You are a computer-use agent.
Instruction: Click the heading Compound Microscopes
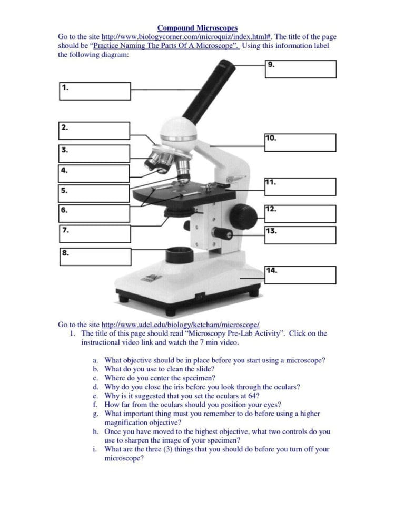(x=197, y=27)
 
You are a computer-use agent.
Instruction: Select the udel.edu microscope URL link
(x=180, y=325)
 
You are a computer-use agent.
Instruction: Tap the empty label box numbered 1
(x=94, y=91)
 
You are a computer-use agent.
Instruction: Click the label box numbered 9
(x=300, y=69)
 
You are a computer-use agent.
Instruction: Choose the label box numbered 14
(x=300, y=274)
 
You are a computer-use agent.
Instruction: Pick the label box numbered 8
(x=94, y=257)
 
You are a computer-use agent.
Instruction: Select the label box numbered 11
(x=300, y=186)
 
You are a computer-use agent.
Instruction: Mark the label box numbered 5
(x=94, y=193)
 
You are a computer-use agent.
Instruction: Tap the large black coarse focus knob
(x=244, y=215)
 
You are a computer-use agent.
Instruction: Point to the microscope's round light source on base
(x=179, y=255)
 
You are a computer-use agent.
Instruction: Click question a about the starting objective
(x=214, y=360)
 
